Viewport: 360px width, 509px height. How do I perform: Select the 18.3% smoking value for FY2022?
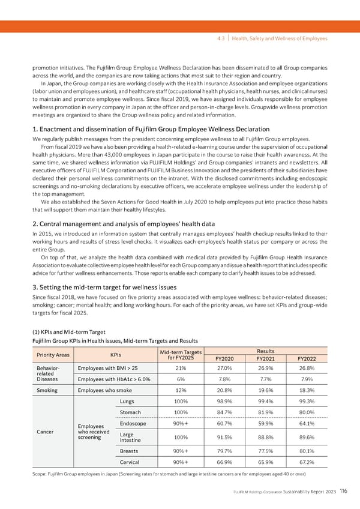306,390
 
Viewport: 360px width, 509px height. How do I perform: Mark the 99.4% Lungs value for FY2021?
265,402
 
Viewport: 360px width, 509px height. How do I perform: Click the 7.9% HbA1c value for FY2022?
306,379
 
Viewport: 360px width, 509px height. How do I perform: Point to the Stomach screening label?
131,412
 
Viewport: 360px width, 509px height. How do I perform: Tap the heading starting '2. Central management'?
122,224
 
